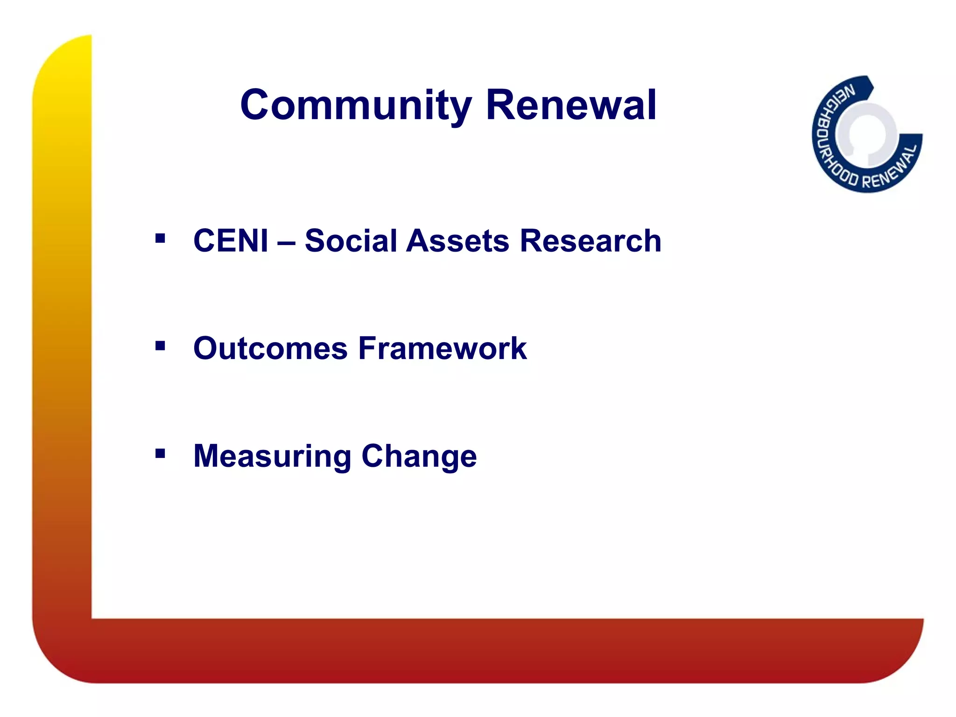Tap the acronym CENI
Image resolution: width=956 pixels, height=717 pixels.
click(x=231, y=241)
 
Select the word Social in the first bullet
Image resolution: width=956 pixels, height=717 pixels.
click(x=350, y=241)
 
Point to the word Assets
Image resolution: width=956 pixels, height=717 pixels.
click(x=457, y=241)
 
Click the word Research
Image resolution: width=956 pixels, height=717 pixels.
click(x=590, y=241)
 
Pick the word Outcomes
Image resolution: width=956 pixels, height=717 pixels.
click(x=271, y=349)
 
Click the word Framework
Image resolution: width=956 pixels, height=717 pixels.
click(x=443, y=349)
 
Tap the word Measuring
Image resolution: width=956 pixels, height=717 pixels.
click(x=272, y=457)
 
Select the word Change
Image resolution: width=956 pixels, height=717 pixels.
click(x=419, y=457)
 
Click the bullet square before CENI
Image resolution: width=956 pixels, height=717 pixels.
click(x=160, y=239)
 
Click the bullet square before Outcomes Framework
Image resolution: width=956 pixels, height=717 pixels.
click(x=160, y=346)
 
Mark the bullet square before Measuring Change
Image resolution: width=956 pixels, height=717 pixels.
click(x=160, y=453)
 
